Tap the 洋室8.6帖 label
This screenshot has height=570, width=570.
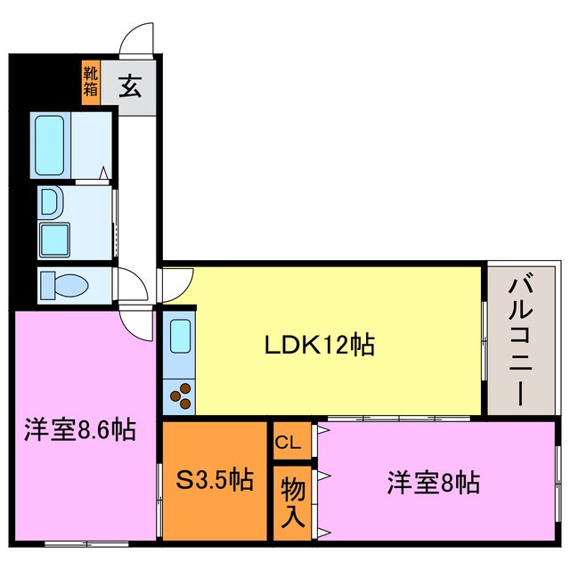[x=79, y=431]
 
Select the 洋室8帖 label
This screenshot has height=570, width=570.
[x=433, y=484]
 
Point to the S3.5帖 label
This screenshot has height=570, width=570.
[x=214, y=481]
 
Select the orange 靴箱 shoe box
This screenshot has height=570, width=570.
[x=91, y=82]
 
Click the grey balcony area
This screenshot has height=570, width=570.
[x=519, y=392]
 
